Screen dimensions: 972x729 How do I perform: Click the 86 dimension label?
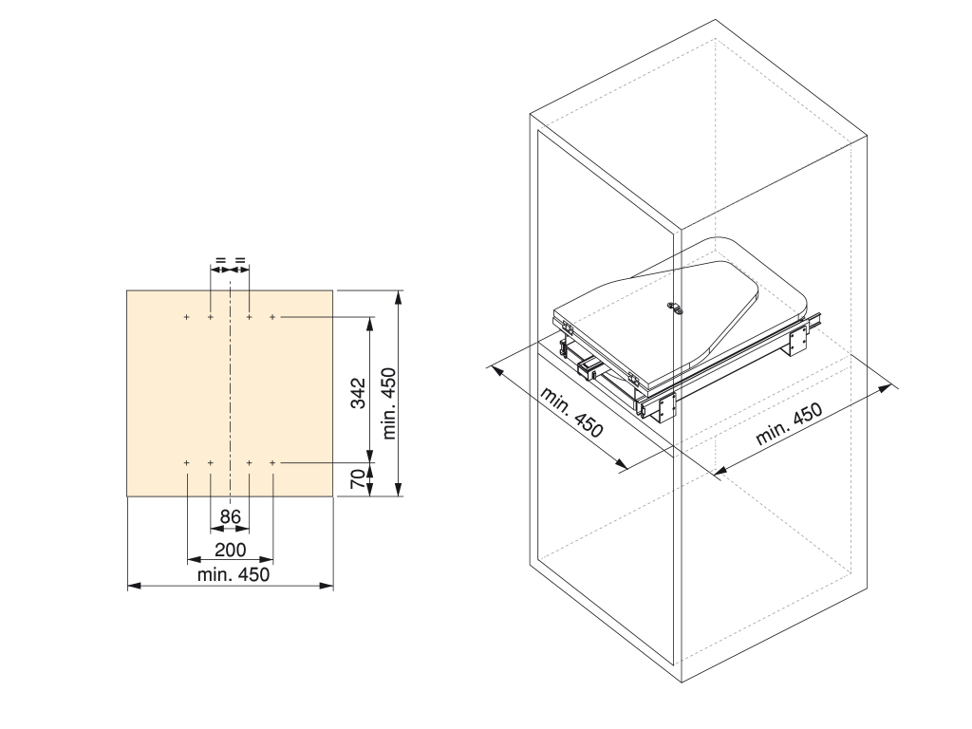tap(230, 516)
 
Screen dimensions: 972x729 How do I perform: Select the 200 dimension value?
tap(230, 550)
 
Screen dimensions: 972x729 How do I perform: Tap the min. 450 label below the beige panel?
tap(234, 574)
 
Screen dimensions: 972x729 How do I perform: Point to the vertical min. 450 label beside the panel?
tap(388, 403)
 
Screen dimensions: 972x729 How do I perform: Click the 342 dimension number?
tap(358, 393)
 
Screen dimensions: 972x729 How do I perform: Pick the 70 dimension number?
tap(358, 478)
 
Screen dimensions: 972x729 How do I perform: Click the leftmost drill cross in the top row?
tap(187, 317)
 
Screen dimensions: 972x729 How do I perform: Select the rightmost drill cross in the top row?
tap(272, 317)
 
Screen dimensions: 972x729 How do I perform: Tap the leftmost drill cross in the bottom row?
tap(187, 462)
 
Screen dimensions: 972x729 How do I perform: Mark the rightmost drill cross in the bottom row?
tap(272, 462)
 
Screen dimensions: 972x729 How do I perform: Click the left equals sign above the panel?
tap(220, 260)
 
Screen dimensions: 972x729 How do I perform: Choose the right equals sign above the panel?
tap(240, 260)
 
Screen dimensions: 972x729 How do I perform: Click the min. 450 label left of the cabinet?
tap(570, 412)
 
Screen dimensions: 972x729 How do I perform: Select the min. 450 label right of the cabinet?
tap(789, 424)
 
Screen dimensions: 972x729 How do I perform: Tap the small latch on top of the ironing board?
tap(675, 308)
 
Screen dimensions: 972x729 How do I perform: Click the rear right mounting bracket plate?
tap(798, 338)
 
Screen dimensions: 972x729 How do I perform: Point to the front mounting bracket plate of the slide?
tap(666, 406)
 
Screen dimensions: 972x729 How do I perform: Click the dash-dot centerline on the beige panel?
tap(230, 390)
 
